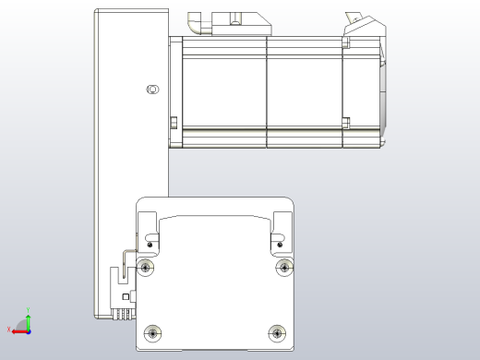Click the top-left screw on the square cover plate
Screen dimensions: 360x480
coord(145,268)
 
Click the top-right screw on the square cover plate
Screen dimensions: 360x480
coord(283,268)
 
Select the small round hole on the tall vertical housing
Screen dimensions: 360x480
coord(153,89)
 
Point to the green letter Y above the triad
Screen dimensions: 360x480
coord(30,310)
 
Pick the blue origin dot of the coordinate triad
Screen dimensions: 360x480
coord(29,330)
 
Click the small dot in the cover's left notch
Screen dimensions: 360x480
coord(150,245)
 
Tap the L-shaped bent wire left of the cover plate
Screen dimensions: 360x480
coord(126,255)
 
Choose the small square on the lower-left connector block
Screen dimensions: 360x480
coord(126,297)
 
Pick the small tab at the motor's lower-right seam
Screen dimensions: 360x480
coord(346,121)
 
